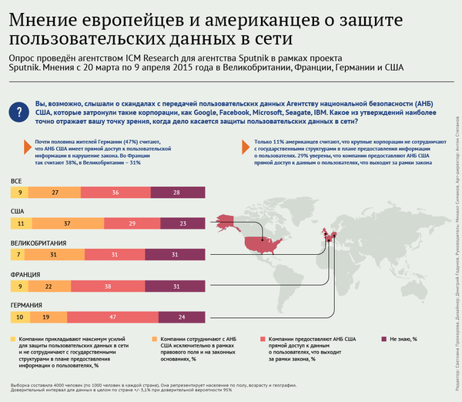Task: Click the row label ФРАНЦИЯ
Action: coord(25,273)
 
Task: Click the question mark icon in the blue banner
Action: coord(18,112)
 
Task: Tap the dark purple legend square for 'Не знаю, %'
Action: coord(383,339)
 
